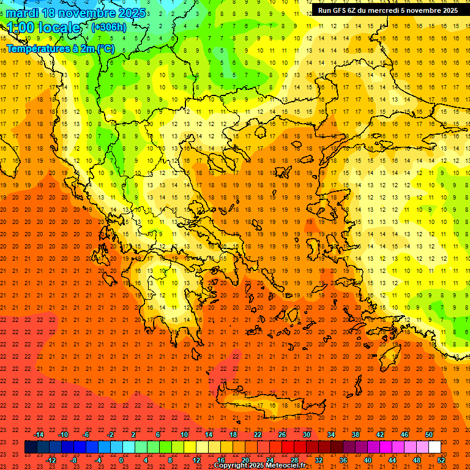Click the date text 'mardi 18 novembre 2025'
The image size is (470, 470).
pyautogui.click(x=76, y=13)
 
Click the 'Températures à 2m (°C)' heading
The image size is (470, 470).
pyautogui.click(x=60, y=48)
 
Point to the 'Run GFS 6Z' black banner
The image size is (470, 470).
pyautogui.click(x=387, y=10)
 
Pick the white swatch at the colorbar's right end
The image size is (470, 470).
pyautogui.click(x=435, y=447)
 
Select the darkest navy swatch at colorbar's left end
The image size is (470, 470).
pyautogui.click(x=31, y=447)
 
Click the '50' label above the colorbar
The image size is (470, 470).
pyautogui.click(x=428, y=435)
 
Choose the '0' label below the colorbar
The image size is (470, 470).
pyautogui.click(x=121, y=460)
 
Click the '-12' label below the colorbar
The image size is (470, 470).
pyautogui.click(x=51, y=460)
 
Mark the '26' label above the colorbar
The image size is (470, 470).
pyautogui.click(x=282, y=435)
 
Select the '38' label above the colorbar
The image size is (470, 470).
pyautogui.click(x=355, y=435)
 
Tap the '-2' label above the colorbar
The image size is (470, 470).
pyautogui.click(x=111, y=435)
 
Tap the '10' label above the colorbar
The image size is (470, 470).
pyautogui.click(x=184, y=435)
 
